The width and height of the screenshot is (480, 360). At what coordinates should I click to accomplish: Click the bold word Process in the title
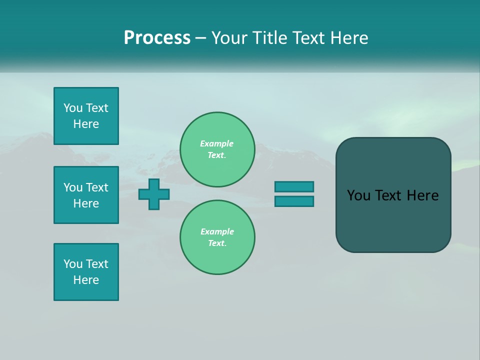[x=157, y=38]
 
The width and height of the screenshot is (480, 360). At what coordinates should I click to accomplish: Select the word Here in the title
[x=349, y=38]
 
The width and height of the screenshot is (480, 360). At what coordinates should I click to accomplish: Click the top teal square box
[x=86, y=115]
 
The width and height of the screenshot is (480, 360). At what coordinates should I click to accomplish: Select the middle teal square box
[x=86, y=195]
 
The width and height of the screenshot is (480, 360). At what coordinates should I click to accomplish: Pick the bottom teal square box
[x=86, y=272]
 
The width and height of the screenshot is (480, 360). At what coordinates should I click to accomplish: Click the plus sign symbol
[x=154, y=194]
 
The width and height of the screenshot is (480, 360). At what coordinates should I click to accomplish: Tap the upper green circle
[x=217, y=149]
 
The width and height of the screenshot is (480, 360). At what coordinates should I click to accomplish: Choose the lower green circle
[x=217, y=237]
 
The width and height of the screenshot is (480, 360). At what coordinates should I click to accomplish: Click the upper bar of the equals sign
[x=294, y=186]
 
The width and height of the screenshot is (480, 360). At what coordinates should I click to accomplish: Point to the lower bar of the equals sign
[x=294, y=201]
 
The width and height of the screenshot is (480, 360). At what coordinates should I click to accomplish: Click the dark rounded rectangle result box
[x=393, y=195]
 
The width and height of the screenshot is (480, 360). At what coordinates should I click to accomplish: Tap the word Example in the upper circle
[x=216, y=143]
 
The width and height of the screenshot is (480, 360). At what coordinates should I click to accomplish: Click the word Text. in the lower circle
[x=217, y=243]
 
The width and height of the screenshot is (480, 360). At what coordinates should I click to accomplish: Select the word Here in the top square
[x=86, y=124]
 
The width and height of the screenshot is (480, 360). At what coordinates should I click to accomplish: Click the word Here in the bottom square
[x=86, y=280]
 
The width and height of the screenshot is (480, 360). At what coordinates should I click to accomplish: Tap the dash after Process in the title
[x=201, y=39]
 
